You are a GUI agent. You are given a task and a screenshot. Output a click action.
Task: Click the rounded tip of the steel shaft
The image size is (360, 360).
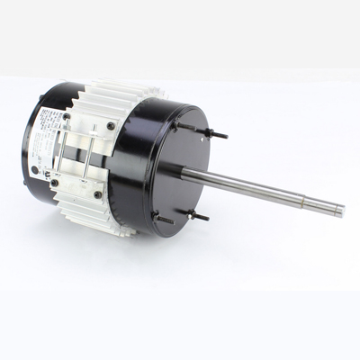point(341,211)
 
